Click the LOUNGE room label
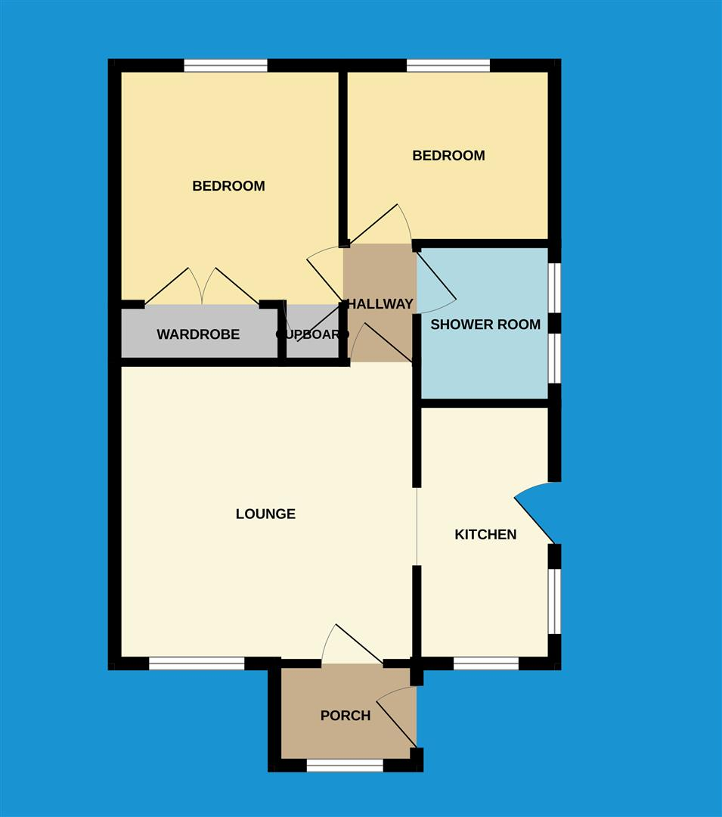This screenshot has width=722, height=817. (x=265, y=514)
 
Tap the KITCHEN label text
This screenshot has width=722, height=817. (x=485, y=535)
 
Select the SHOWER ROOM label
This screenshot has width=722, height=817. (x=485, y=325)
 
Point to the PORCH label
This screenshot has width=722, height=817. (x=346, y=716)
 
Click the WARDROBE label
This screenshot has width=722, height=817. (x=198, y=334)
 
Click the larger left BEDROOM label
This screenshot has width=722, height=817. (x=228, y=186)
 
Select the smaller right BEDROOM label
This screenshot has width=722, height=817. (x=448, y=156)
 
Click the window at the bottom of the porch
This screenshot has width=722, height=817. (x=345, y=766)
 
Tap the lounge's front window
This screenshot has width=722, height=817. (x=197, y=663)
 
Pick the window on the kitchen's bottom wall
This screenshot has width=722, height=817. (x=485, y=663)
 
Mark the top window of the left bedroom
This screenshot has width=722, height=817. (x=225, y=66)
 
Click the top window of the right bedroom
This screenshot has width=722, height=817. (x=448, y=66)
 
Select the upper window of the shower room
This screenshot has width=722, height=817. (x=555, y=287)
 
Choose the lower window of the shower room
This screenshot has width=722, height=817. (x=555, y=358)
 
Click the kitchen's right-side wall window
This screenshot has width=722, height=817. (x=555, y=601)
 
